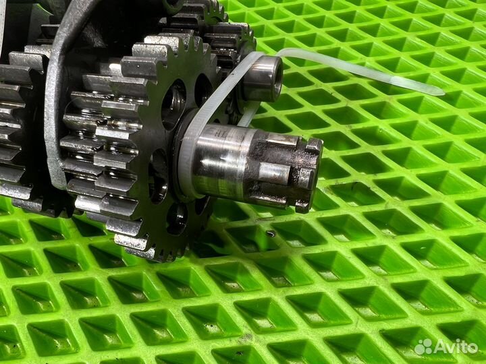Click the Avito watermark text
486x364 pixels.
pos(456,346)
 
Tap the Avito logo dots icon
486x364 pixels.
pos(424,346)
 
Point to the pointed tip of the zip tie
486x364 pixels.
pos(443,93)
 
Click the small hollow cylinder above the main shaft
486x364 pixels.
pos(262,79)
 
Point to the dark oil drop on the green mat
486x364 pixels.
pos(271,233)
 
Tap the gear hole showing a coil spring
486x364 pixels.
pos(173,104)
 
